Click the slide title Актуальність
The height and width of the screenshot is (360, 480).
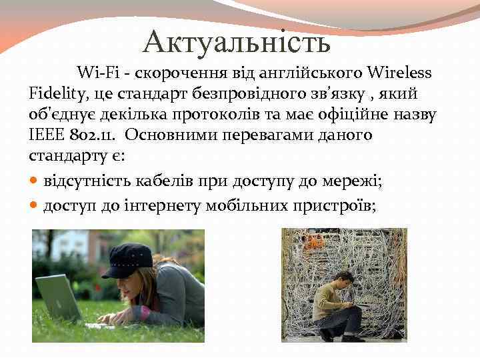click(x=237, y=42)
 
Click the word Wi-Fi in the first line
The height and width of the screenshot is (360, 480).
click(x=95, y=72)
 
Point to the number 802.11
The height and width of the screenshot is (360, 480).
click(x=92, y=135)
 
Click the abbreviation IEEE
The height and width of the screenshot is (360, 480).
click(x=47, y=135)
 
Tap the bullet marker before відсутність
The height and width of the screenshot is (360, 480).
click(x=35, y=181)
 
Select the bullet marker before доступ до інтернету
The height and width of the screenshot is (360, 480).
click(x=35, y=206)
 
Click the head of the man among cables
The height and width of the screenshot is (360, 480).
click(x=344, y=278)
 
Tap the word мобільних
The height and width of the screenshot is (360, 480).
click(x=245, y=206)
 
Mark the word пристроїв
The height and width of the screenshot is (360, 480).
click(x=334, y=206)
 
